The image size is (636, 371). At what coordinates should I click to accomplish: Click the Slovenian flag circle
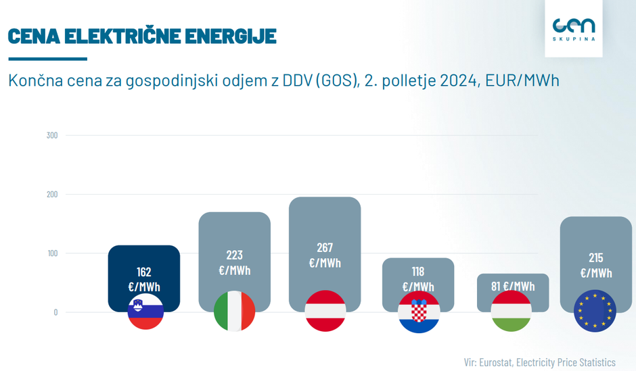(x=145, y=312)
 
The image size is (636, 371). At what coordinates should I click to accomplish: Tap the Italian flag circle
(x=235, y=312)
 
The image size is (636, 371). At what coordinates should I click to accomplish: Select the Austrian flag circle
(x=325, y=311)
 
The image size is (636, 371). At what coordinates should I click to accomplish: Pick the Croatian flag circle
(x=419, y=312)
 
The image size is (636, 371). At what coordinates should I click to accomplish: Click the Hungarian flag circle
(x=512, y=311)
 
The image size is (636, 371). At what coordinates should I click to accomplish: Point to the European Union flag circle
(x=595, y=312)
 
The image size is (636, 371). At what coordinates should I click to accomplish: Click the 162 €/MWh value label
(x=144, y=279)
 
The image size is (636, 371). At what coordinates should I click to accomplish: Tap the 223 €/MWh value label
(x=235, y=262)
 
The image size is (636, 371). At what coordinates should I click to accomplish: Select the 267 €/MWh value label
(x=325, y=255)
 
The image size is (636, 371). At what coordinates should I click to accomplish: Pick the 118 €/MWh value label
(x=418, y=279)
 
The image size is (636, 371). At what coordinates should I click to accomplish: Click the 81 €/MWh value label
(x=513, y=286)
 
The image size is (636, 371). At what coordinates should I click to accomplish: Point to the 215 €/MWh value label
(x=596, y=265)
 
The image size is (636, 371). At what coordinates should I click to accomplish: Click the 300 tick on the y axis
(x=52, y=135)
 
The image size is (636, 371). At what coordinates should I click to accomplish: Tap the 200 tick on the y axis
(x=52, y=195)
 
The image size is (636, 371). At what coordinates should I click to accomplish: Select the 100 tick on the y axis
(x=52, y=253)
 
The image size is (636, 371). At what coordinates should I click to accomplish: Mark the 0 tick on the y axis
(x=55, y=312)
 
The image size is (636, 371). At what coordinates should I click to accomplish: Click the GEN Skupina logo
(x=574, y=28)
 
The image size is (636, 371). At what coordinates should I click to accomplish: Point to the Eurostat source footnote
(x=540, y=362)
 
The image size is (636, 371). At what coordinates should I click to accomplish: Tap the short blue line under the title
(x=47, y=59)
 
